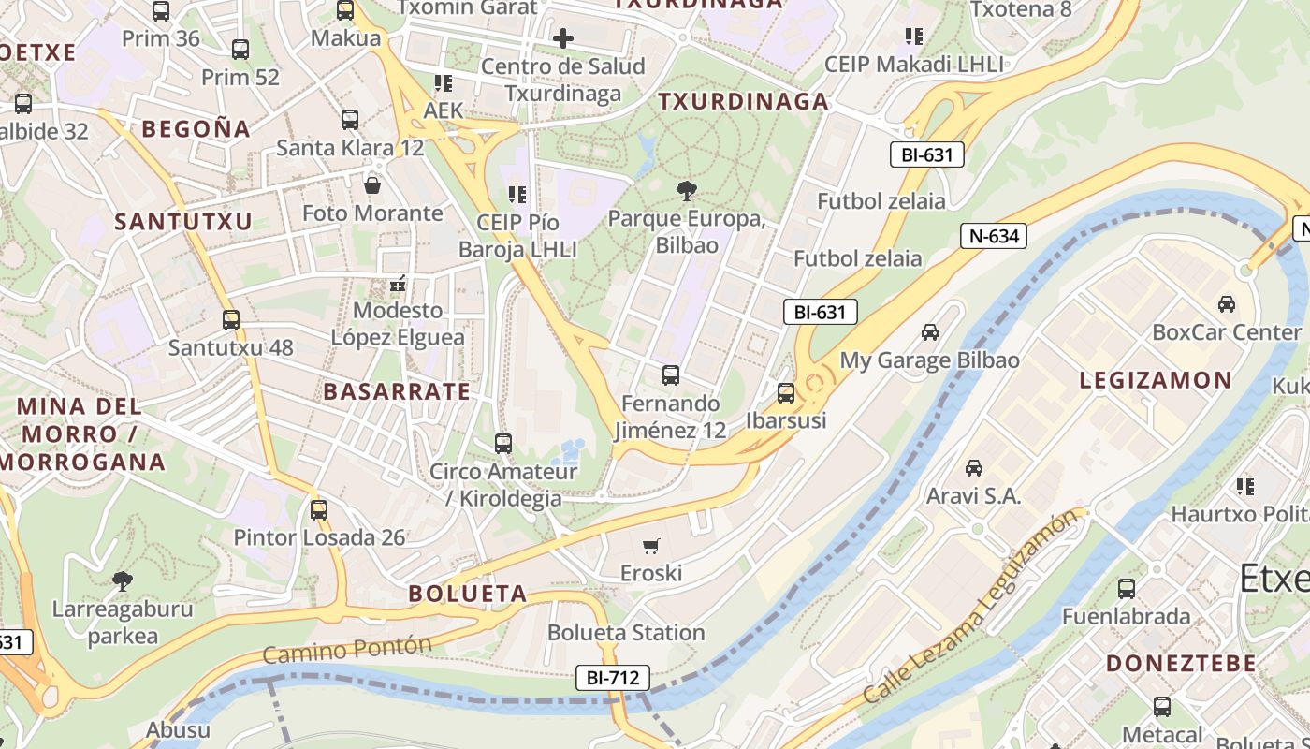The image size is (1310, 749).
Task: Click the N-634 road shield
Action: (x=994, y=236)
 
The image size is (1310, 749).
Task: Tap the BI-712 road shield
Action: (x=612, y=678)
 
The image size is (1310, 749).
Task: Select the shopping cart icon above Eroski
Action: (x=651, y=546)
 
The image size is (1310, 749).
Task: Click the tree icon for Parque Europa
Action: (x=687, y=192)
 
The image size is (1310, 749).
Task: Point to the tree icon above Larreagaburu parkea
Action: (x=122, y=581)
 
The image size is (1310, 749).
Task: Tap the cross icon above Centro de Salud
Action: (x=562, y=38)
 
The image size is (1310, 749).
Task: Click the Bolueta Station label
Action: (x=626, y=633)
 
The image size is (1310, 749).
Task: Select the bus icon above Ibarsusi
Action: (x=786, y=393)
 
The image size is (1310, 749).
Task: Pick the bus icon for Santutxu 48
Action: (x=231, y=320)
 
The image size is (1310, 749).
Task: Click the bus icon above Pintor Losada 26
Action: (x=319, y=510)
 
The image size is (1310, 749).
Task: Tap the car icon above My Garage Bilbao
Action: (x=929, y=332)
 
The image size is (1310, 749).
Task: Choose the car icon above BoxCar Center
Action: (x=1226, y=304)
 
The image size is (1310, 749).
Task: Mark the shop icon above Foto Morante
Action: (x=372, y=185)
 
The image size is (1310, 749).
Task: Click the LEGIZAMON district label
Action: (x=1156, y=380)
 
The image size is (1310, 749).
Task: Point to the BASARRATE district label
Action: (x=397, y=391)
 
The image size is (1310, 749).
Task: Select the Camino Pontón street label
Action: (x=347, y=649)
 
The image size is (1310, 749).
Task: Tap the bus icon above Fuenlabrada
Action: (x=1127, y=589)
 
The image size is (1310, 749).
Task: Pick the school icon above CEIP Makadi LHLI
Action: (x=914, y=37)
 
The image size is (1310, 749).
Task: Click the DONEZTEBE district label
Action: (x=1181, y=663)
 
